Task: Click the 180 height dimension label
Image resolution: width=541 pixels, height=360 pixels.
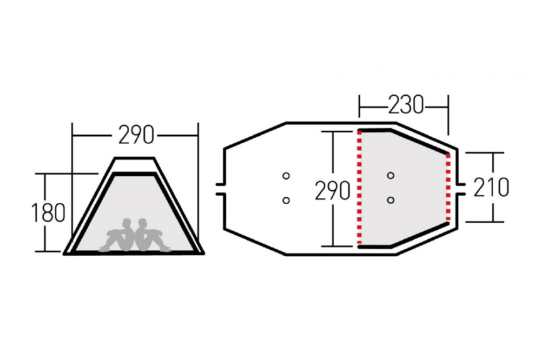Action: click(48, 212)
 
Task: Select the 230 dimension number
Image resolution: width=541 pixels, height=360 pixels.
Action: click(406, 104)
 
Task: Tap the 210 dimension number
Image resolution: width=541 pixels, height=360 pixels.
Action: click(491, 187)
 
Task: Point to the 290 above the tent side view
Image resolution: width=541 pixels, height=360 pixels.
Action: click(136, 135)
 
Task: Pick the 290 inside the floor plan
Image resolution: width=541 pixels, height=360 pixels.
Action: click(333, 191)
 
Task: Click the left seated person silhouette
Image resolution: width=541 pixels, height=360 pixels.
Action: click(117, 235)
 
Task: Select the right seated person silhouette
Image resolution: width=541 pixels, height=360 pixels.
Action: click(153, 235)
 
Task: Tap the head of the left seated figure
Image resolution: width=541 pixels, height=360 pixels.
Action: click(127, 223)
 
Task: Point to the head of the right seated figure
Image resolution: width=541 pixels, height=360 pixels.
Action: click(143, 223)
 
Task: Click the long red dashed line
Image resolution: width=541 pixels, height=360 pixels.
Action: click(359, 188)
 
